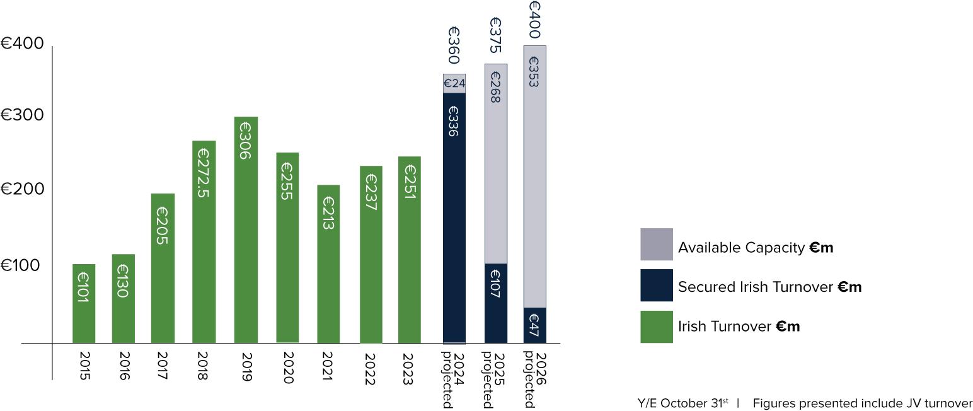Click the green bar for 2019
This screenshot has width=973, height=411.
[246, 230]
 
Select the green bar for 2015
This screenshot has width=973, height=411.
[84, 304]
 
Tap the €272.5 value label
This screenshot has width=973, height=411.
[204, 173]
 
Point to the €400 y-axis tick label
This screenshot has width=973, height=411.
[22, 43]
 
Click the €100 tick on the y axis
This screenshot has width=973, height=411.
[20, 265]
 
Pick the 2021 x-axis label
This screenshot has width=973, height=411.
[328, 366]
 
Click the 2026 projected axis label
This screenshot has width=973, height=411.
[534, 379]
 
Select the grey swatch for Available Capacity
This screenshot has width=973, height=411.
[657, 244]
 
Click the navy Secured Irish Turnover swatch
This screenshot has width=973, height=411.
[657, 285]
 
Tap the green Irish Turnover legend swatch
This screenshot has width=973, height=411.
[657, 327]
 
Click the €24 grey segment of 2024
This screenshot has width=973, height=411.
[454, 83]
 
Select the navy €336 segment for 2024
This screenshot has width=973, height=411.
[454, 218]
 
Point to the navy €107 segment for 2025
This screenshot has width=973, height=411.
[496, 303]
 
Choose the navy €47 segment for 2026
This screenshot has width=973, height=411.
[535, 325]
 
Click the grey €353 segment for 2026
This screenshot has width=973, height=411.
[535, 177]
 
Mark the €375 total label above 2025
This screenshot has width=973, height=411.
[495, 35]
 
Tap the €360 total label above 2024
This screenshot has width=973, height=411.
[454, 45]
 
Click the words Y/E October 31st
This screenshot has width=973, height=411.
[683, 403]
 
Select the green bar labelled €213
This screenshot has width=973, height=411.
[328, 264]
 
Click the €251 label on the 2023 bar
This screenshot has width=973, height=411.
[410, 182]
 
